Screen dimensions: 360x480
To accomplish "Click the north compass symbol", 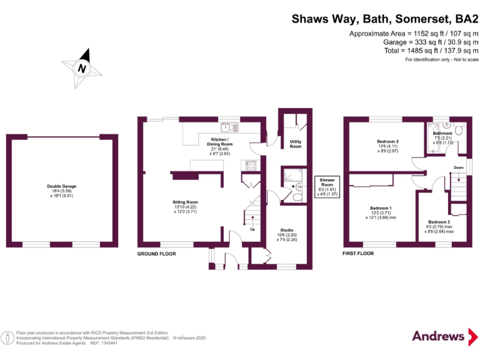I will pos(82,67).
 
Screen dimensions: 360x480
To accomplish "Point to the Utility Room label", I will pos(295,144).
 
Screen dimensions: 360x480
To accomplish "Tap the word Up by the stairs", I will pos(252,229).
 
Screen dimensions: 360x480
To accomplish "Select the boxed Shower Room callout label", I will pos(327,187).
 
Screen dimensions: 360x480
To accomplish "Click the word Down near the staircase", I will pos(458,167).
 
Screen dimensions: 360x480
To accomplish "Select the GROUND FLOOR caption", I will pos(156,254).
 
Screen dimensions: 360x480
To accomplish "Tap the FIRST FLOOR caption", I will pos(358,254).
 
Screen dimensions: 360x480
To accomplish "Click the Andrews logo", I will pos(439,336).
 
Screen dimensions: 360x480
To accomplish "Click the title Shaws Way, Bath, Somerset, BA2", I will pos(385,19).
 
